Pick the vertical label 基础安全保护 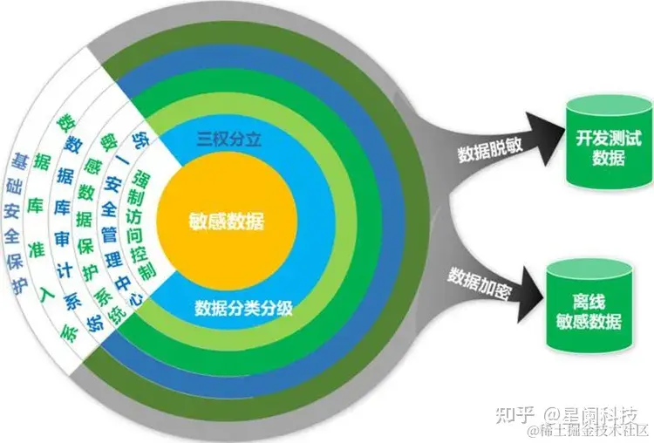(x=19, y=221)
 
